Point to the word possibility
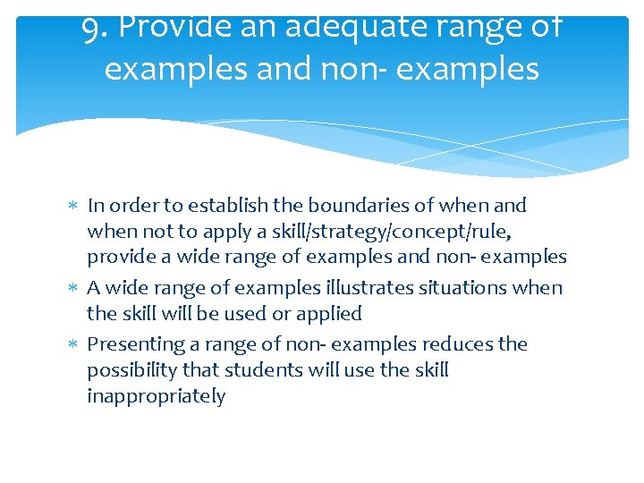(131, 370)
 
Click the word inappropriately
(157, 396)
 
